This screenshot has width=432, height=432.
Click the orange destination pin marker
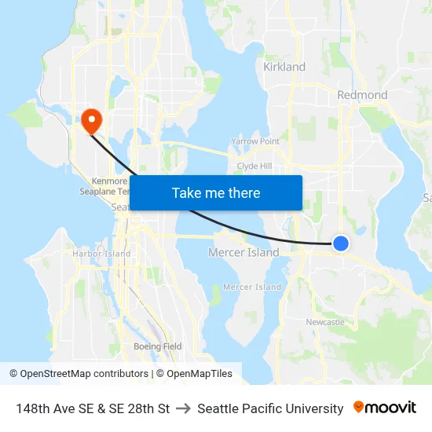click(x=91, y=120)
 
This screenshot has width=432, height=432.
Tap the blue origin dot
click(x=340, y=243)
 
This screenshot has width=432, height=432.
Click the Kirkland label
click(x=284, y=67)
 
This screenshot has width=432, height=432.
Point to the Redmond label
click(x=362, y=95)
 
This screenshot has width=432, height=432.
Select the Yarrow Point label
click(x=255, y=141)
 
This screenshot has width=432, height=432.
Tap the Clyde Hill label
click(x=254, y=167)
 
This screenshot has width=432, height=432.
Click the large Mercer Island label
click(x=243, y=253)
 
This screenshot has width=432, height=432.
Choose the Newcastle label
click(x=325, y=322)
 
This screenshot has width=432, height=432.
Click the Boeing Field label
click(x=157, y=346)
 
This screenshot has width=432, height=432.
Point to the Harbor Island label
click(x=101, y=254)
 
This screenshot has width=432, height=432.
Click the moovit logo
click(x=385, y=408)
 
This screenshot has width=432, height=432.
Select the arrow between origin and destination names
click(x=184, y=408)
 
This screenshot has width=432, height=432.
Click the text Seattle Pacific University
click(x=270, y=408)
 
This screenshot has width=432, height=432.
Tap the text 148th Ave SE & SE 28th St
click(x=93, y=408)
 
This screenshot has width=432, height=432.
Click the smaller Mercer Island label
click(x=252, y=287)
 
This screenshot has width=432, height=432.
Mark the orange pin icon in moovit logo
click(x=359, y=408)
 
